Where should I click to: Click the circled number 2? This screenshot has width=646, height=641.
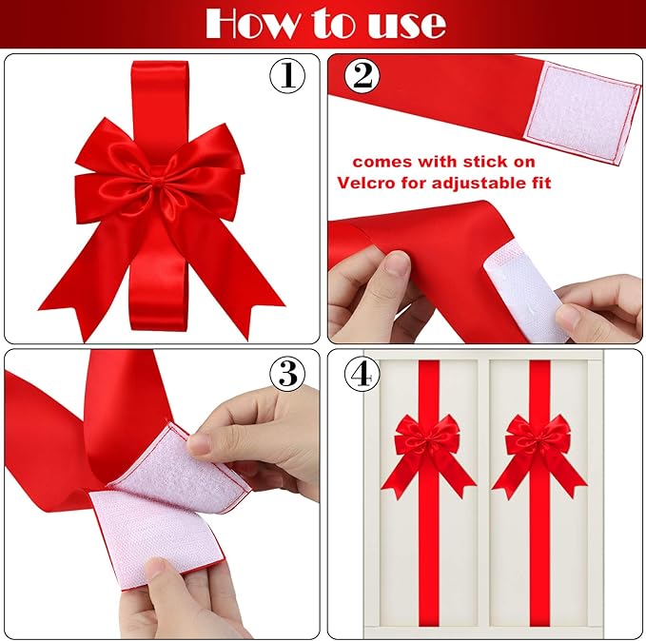362,77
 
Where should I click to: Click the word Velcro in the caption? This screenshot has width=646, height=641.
371,182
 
